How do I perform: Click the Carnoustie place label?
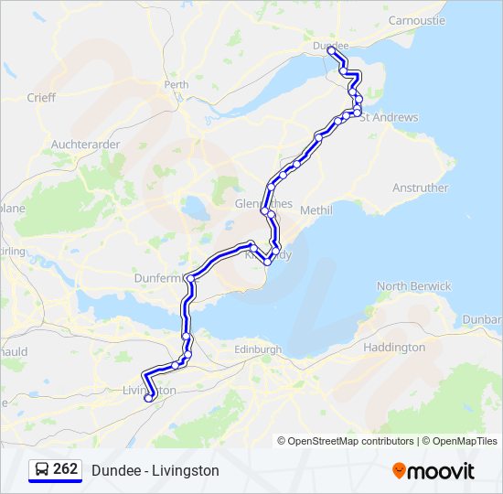point(416,19)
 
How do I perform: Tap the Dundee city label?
point(330,44)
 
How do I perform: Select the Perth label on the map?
point(176,84)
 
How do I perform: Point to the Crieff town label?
point(41,98)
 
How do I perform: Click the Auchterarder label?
point(85,145)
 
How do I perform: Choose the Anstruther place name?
point(420,188)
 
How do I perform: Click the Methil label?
point(316,209)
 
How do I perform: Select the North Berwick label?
point(414,286)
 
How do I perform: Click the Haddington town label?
point(394,348)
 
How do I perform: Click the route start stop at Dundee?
point(330,53)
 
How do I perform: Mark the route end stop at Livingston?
point(148,398)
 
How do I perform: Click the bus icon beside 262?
point(42,470)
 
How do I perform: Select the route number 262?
point(66,469)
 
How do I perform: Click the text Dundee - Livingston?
point(155,470)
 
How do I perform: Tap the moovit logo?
point(433,470)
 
